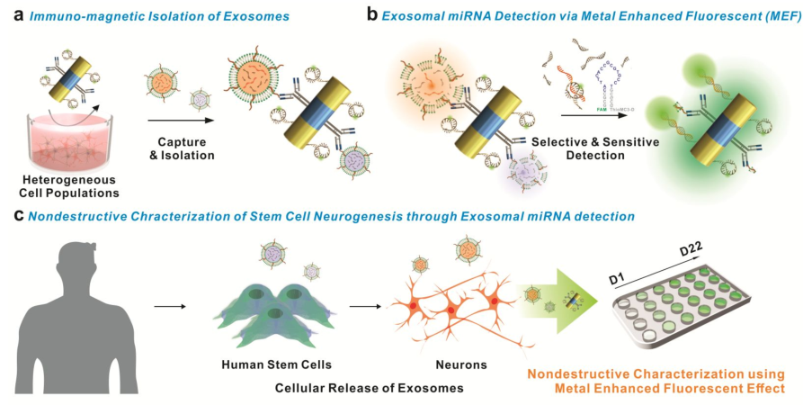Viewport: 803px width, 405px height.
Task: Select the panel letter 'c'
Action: coord(10,216)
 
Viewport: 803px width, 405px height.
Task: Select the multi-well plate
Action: coord(697,310)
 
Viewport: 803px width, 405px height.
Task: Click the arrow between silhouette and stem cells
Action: coord(168,306)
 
